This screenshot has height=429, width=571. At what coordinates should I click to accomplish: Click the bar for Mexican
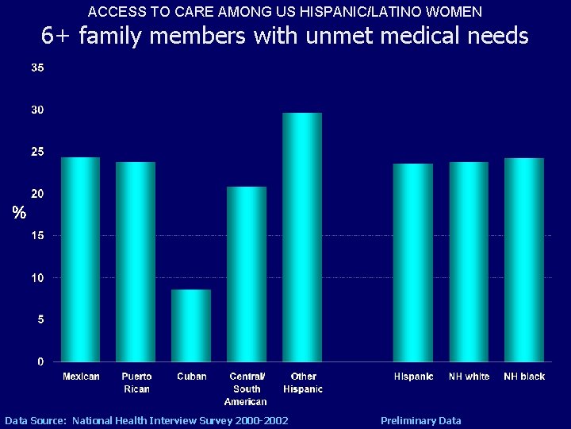point(81,259)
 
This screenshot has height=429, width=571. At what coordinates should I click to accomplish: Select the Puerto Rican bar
point(136,261)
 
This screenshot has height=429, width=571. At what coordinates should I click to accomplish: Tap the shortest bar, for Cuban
point(191,325)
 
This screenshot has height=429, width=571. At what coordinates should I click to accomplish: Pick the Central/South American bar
point(247,273)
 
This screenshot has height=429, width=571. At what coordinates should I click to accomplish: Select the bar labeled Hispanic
point(413,262)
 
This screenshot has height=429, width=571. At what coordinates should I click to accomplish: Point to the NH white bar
point(469,261)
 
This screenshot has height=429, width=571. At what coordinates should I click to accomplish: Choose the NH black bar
point(524,259)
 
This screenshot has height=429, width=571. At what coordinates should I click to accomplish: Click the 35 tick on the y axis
point(37,68)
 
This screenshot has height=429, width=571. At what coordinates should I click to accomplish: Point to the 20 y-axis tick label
point(37,194)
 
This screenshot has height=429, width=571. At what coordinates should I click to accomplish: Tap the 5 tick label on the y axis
point(40,319)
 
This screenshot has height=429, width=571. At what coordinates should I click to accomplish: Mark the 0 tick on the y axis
point(40,361)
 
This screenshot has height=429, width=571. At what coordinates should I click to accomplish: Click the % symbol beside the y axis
point(19,213)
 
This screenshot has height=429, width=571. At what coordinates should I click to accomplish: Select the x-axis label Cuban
point(192,377)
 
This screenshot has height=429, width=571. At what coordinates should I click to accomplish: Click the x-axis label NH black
point(524,377)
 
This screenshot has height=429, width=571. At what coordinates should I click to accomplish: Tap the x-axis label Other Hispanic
point(303,383)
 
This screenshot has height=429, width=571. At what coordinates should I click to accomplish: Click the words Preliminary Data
point(420,420)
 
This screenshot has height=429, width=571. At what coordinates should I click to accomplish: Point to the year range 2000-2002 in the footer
point(259,420)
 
